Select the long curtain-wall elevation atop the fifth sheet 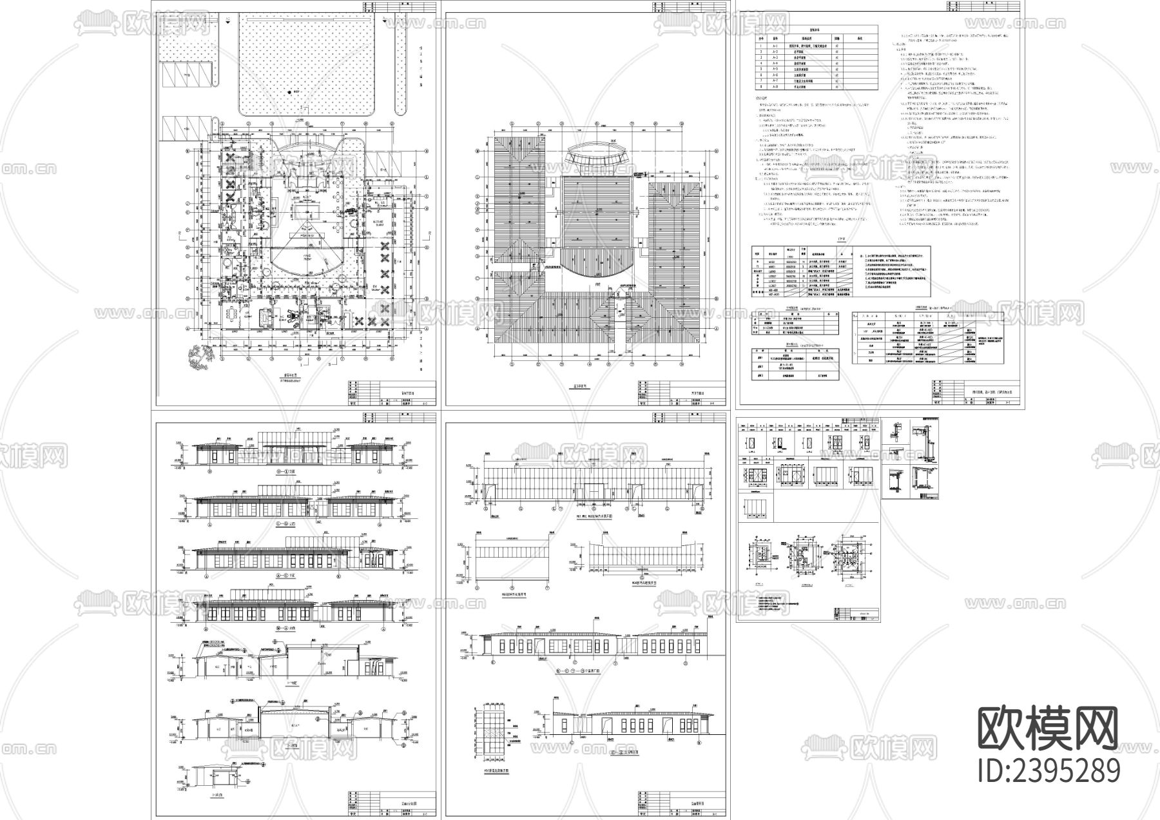coord(592,483)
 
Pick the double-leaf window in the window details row coord(838,445)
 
